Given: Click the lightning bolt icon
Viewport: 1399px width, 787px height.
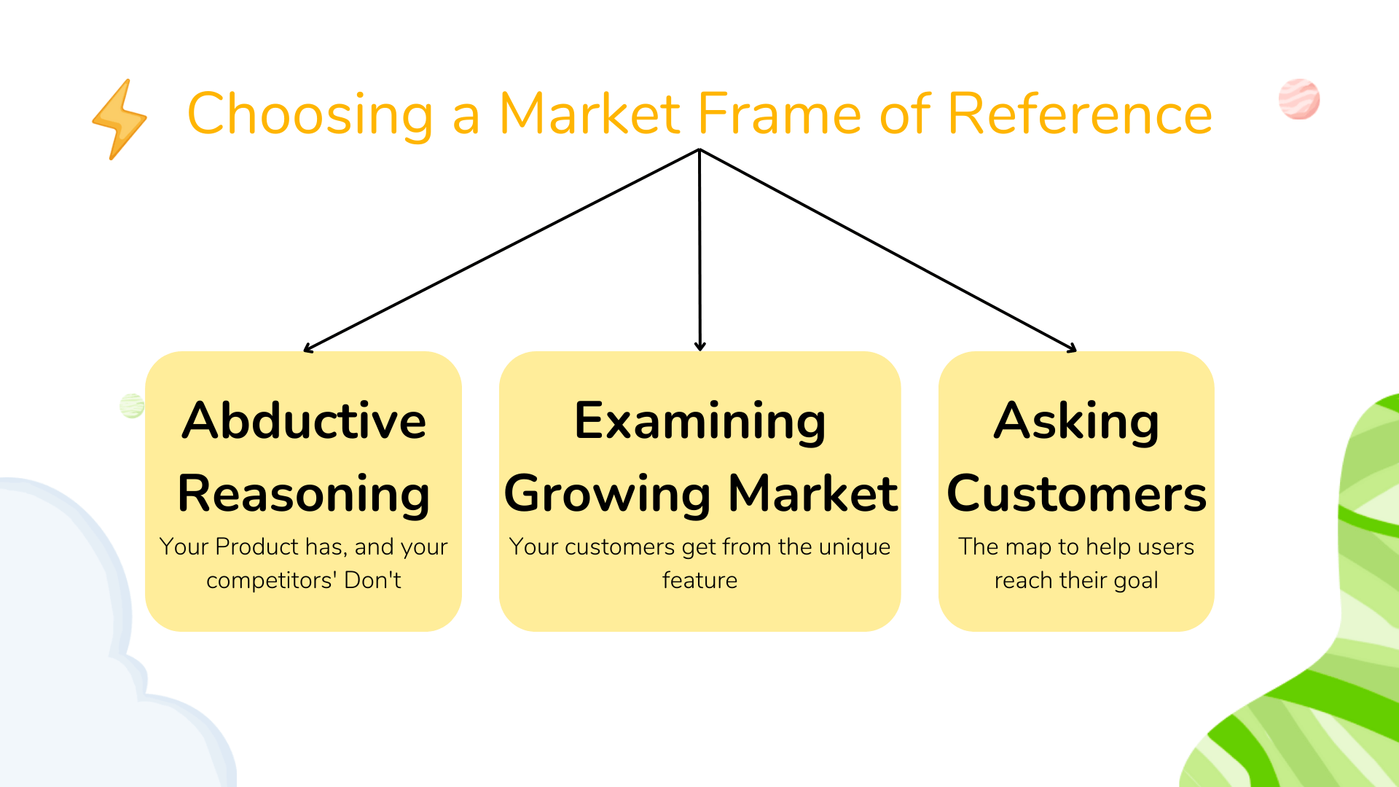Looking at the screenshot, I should (x=119, y=120).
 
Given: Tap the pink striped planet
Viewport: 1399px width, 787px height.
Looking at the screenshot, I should (x=1299, y=99).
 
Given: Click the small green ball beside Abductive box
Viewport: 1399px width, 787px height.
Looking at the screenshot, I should (x=132, y=406).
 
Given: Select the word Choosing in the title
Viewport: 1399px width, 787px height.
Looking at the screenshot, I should (x=311, y=114).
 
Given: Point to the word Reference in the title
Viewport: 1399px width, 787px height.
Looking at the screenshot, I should (x=1080, y=114).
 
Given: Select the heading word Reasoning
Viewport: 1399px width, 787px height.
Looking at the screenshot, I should (x=304, y=494).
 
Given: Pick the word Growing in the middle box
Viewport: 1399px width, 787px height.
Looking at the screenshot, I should (x=607, y=494).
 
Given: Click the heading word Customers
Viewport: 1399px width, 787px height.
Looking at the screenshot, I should (x=1076, y=494).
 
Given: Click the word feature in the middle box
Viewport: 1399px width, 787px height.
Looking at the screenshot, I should (x=699, y=581).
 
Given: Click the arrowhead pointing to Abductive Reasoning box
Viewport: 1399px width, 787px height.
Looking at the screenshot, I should (x=308, y=349).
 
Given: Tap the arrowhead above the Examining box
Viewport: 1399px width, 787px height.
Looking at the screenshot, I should (x=700, y=347).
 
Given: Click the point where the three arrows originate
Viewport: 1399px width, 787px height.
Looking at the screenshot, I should (x=699, y=150).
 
